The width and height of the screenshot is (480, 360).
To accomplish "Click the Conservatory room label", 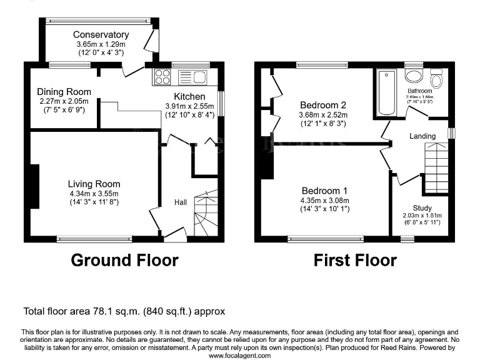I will [101, 35].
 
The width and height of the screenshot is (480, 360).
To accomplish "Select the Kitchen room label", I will [189, 96].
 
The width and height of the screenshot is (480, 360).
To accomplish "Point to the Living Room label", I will [94, 184].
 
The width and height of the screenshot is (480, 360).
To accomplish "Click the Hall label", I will [181, 202].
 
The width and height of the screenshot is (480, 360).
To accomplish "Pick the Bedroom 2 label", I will [323, 105].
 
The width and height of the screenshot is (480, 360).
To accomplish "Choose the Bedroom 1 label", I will [324, 191].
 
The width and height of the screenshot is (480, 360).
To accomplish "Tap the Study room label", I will [422, 208].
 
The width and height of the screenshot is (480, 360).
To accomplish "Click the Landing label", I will [422, 136].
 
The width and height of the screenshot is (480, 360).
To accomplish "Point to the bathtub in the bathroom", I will [386, 92].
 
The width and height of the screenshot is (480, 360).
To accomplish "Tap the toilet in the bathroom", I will [436, 79].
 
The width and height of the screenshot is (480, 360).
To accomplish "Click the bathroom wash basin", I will [413, 76].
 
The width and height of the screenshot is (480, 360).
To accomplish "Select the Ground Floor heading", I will [124, 260].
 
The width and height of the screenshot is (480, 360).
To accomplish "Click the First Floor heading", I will [354, 260].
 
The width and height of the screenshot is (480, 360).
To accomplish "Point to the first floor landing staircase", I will [436, 167].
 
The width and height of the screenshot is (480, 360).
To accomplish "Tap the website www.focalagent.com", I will [240, 355].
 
